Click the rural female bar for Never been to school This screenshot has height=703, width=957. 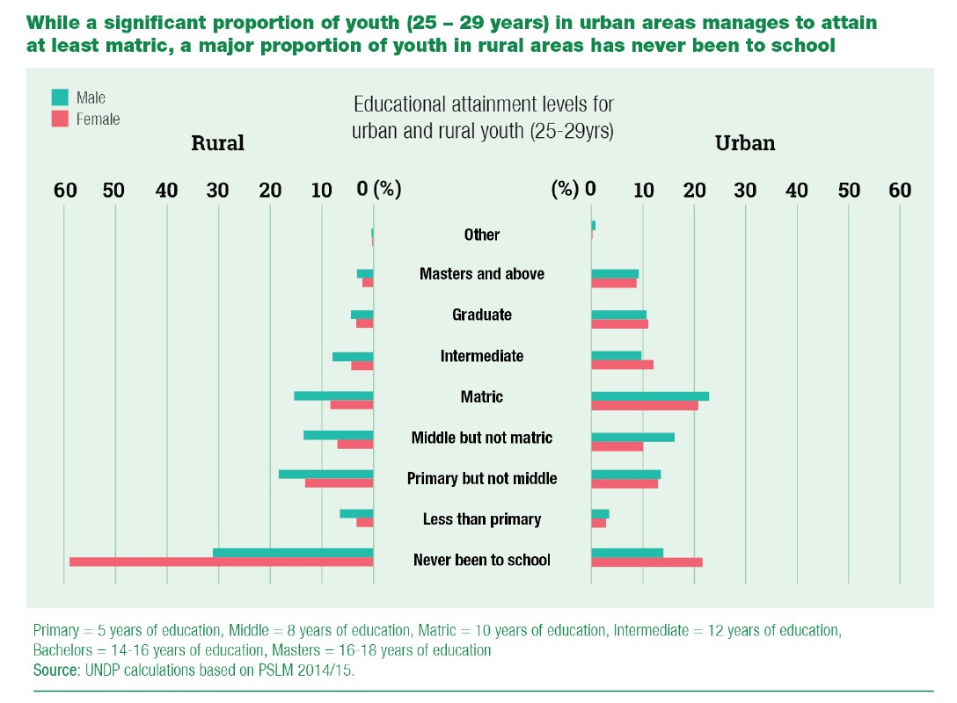[x=221, y=562]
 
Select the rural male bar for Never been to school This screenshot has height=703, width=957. [x=293, y=553]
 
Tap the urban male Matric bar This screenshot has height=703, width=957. [x=650, y=396]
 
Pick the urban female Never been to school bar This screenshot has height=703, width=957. [x=647, y=562]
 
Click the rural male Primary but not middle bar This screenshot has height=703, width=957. [x=325, y=475]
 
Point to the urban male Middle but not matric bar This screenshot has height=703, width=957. [x=632, y=437]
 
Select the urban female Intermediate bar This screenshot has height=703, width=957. [x=622, y=365]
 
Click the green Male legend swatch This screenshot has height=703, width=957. [x=60, y=98]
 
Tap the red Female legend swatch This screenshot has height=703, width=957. [x=60, y=119]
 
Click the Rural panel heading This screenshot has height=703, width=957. [x=217, y=143]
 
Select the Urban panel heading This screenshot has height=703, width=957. [x=745, y=143]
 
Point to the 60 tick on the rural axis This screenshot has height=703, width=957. [x=63, y=191]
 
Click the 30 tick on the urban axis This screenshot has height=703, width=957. [x=745, y=191]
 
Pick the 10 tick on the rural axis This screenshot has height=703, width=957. [x=322, y=191]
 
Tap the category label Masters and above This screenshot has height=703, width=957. [x=482, y=274]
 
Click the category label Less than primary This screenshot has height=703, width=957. [x=482, y=519]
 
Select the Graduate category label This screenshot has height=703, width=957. [x=482, y=315]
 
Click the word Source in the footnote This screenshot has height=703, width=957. [x=55, y=669]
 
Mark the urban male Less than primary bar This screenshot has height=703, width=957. [x=600, y=514]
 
